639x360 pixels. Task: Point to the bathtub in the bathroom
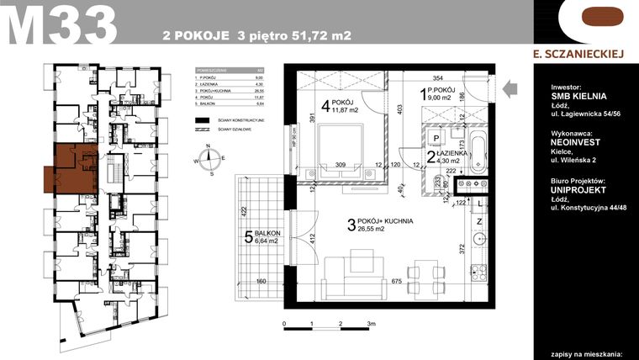pyautogui.click(x=478, y=152)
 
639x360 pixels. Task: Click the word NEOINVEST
pyautogui.click(x=577, y=144)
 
